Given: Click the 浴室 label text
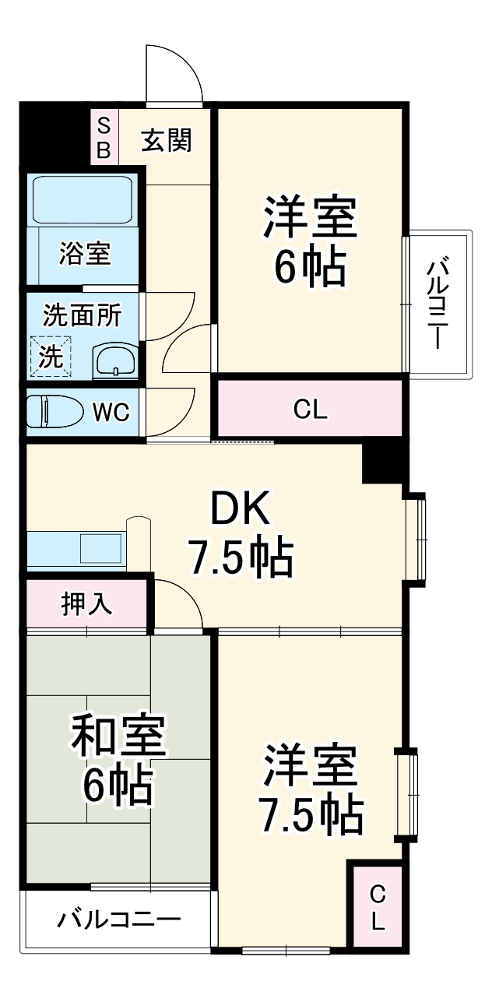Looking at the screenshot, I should [x=85, y=254].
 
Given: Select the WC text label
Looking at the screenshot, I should [x=112, y=413].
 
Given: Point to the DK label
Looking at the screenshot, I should [x=240, y=510].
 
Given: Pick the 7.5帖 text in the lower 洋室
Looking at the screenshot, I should [x=310, y=814].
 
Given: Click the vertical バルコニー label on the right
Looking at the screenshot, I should [x=439, y=304].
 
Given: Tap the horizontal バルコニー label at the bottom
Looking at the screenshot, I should [x=118, y=920].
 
